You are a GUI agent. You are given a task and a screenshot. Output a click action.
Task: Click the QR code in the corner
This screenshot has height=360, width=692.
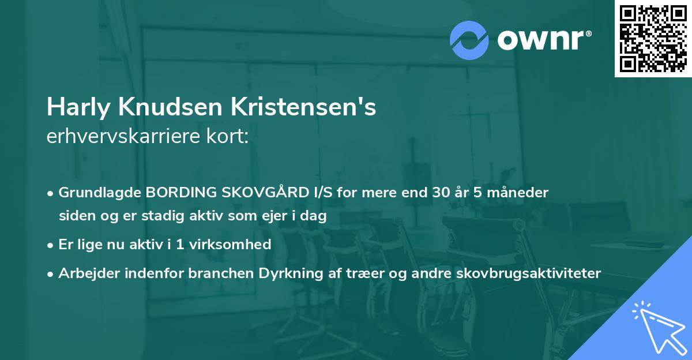[x=653, y=38]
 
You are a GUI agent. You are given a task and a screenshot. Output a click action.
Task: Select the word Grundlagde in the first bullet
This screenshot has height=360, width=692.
[x=100, y=193]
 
